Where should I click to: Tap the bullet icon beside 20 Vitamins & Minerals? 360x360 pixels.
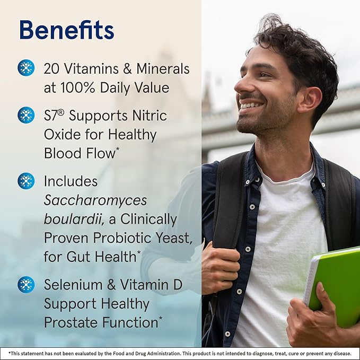pyautogui.click(x=26, y=67)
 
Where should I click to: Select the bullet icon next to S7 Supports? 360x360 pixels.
pyautogui.click(x=26, y=115)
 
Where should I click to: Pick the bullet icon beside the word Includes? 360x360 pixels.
pyautogui.click(x=26, y=181)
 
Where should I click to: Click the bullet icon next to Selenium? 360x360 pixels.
pyautogui.click(x=26, y=284)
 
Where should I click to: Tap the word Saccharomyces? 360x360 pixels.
pyautogui.click(x=95, y=200)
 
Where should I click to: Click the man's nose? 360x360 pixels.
pyautogui.click(x=241, y=85)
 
